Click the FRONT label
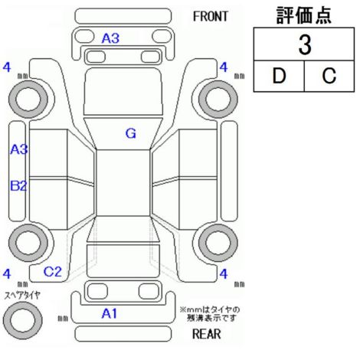click(x=211, y=17)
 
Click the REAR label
click(x=207, y=334)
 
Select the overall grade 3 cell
click(x=304, y=44)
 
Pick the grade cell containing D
click(x=279, y=76)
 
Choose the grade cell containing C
click(x=329, y=76)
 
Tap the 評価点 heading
click(x=304, y=15)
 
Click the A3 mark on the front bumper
click(x=110, y=38)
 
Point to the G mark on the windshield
click(x=131, y=133)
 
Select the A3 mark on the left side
click(x=19, y=149)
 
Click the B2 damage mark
click(x=18, y=185)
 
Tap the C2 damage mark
click(x=53, y=272)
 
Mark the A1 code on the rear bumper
click(x=110, y=313)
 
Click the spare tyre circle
click(x=23, y=320)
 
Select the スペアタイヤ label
click(x=22, y=296)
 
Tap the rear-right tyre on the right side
click(x=218, y=243)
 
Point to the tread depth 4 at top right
click(x=224, y=67)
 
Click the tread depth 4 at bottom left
click(x=7, y=274)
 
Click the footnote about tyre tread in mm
click(x=210, y=314)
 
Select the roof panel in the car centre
click(x=123, y=183)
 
